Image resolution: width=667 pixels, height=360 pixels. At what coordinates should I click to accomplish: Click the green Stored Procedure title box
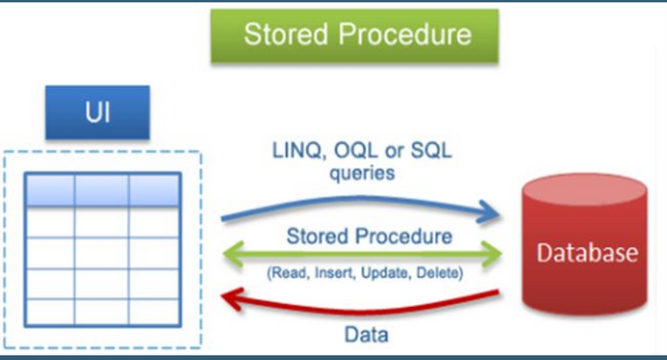[357, 36]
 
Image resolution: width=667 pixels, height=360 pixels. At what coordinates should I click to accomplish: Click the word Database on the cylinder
[586, 254]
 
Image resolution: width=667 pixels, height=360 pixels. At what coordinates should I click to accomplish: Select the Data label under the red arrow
[366, 335]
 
